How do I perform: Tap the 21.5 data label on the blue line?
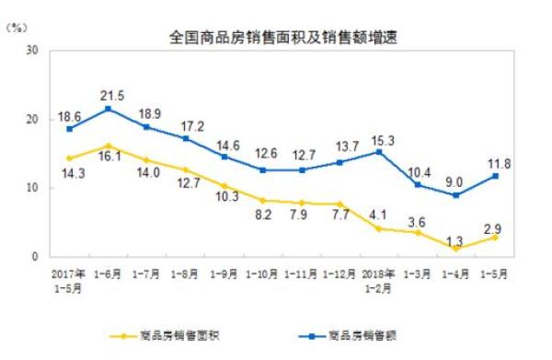coord(111,95)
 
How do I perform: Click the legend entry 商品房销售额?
coord(355,335)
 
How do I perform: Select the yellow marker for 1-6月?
coord(109,146)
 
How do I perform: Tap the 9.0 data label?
coord(455,181)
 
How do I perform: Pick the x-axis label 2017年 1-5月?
coord(70,279)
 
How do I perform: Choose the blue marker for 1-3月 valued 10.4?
coord(417,185)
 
